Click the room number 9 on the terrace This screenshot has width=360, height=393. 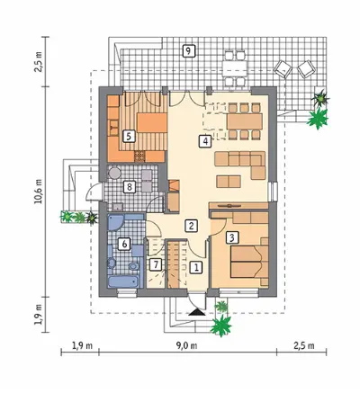pyautogui.click(x=188, y=50)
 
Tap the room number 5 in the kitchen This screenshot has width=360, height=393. pyautogui.click(x=129, y=136)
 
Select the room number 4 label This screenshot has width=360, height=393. pyautogui.click(x=205, y=141)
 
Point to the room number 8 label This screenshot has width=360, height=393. pyautogui.click(x=130, y=187)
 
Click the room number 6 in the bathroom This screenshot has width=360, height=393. pyautogui.click(x=124, y=244)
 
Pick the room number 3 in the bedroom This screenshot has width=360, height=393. pyautogui.click(x=231, y=237)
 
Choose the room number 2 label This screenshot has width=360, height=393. pyautogui.click(x=192, y=226)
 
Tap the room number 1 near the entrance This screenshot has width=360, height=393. pyautogui.click(x=196, y=267)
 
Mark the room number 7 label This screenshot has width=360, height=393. pyautogui.click(x=155, y=264)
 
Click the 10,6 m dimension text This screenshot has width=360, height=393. pyautogui.click(x=39, y=192)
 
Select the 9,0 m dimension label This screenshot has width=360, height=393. pyautogui.click(x=186, y=345)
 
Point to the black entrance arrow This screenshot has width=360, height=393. pyautogui.click(x=197, y=312)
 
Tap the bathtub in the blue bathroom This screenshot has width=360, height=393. pyautogui.click(x=123, y=281)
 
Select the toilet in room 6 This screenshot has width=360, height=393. pyautogui.click(x=133, y=266)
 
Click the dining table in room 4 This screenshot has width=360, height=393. pyautogui.click(x=245, y=121)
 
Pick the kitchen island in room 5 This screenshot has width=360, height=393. pyautogui.click(x=152, y=122)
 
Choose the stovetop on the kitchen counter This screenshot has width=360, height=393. pyautogui.click(x=139, y=156)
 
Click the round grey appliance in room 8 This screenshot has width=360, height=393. pyautogui.click(x=114, y=173)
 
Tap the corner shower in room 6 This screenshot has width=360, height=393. pyautogui.click(x=115, y=222)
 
